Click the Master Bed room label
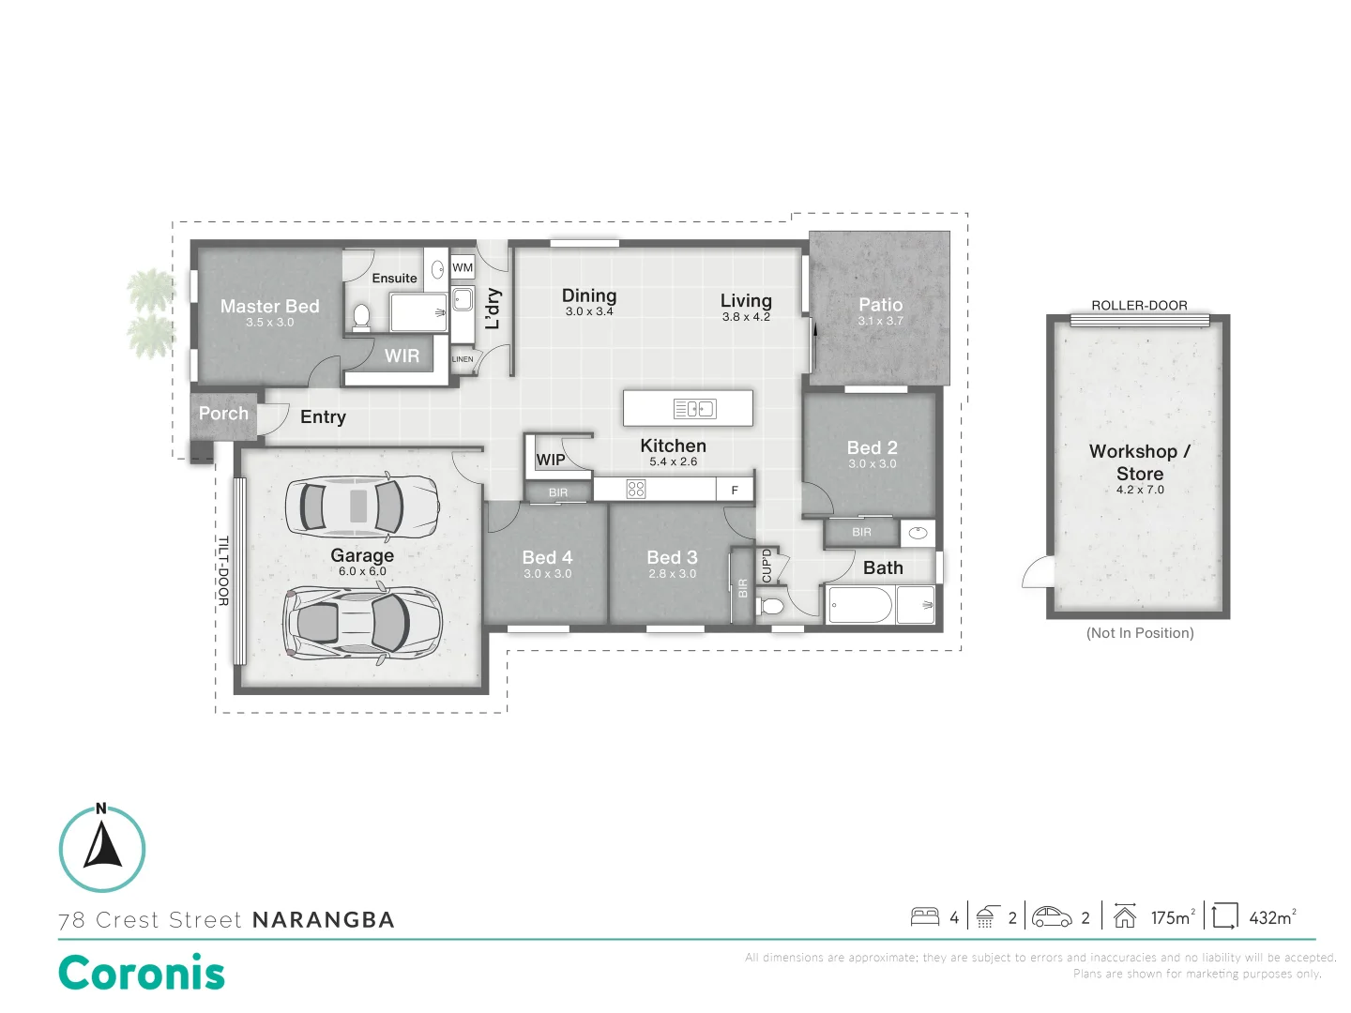coord(269,306)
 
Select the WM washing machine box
coord(463,267)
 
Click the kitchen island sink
coord(694,408)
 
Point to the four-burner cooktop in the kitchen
coord(636,489)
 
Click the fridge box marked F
coord(735,490)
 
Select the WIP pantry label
coord(551,460)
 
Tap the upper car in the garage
coord(361,506)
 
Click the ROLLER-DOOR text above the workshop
coord(1139,305)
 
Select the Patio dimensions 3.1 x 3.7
coord(880,321)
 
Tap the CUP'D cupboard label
coord(767,566)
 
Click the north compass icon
coord(102,848)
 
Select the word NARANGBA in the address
coord(324,920)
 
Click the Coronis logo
coord(142,973)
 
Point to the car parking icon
coord(1052,916)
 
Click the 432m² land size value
coord(1272,917)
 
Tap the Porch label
coord(223,414)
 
